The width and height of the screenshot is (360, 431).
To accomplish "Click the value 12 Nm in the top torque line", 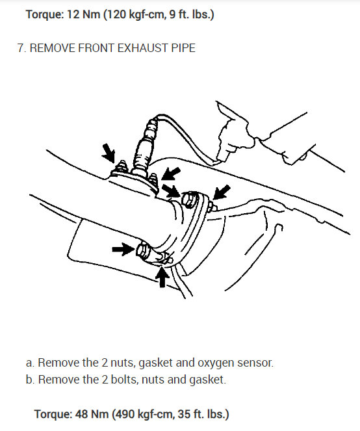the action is pos(83,14).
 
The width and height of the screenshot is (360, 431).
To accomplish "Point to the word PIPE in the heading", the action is pos(183,48).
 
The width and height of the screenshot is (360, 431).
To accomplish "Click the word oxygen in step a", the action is pos(216,363).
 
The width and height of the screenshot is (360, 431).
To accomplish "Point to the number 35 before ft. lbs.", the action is pos(184,414).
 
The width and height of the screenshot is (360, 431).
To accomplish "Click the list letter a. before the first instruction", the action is pos(31,363).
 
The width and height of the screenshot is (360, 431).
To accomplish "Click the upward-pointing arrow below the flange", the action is pos(162,277).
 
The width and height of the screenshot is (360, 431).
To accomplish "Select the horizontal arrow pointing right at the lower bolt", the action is pos(123,249).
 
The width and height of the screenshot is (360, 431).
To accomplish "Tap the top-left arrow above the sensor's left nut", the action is pos(109,153).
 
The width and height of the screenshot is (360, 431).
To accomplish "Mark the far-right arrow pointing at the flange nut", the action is pos(222,192).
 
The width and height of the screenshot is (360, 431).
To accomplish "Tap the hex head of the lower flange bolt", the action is pos(142,250).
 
